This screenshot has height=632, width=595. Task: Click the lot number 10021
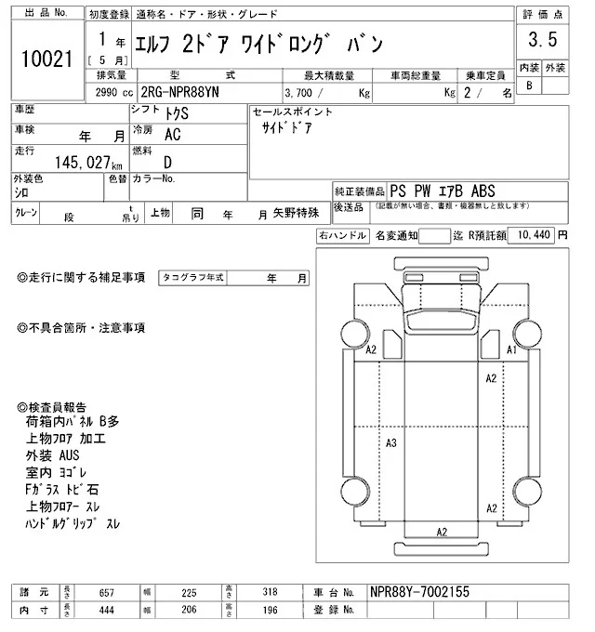pyautogui.click(x=46, y=58)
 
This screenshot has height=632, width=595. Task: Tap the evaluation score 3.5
pyautogui.click(x=542, y=40)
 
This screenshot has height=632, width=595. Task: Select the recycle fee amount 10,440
pyautogui.click(x=533, y=235)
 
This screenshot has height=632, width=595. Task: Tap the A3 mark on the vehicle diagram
pyautogui.click(x=391, y=442)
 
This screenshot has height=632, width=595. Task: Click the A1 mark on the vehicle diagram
pyautogui.click(x=510, y=350)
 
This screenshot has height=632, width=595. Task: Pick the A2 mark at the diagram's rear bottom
pyautogui.click(x=443, y=532)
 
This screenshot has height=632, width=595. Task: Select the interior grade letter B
pyautogui.click(x=529, y=86)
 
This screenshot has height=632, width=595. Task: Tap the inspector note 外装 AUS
pyautogui.click(x=54, y=455)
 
